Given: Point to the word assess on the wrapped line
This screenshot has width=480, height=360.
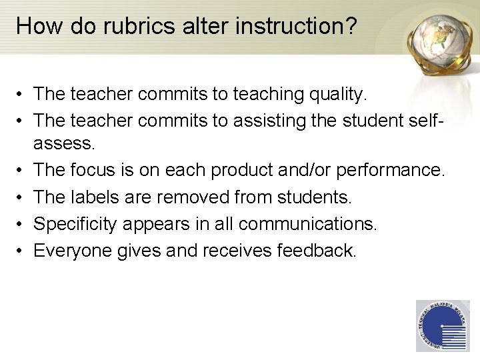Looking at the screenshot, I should pos(63,143).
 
